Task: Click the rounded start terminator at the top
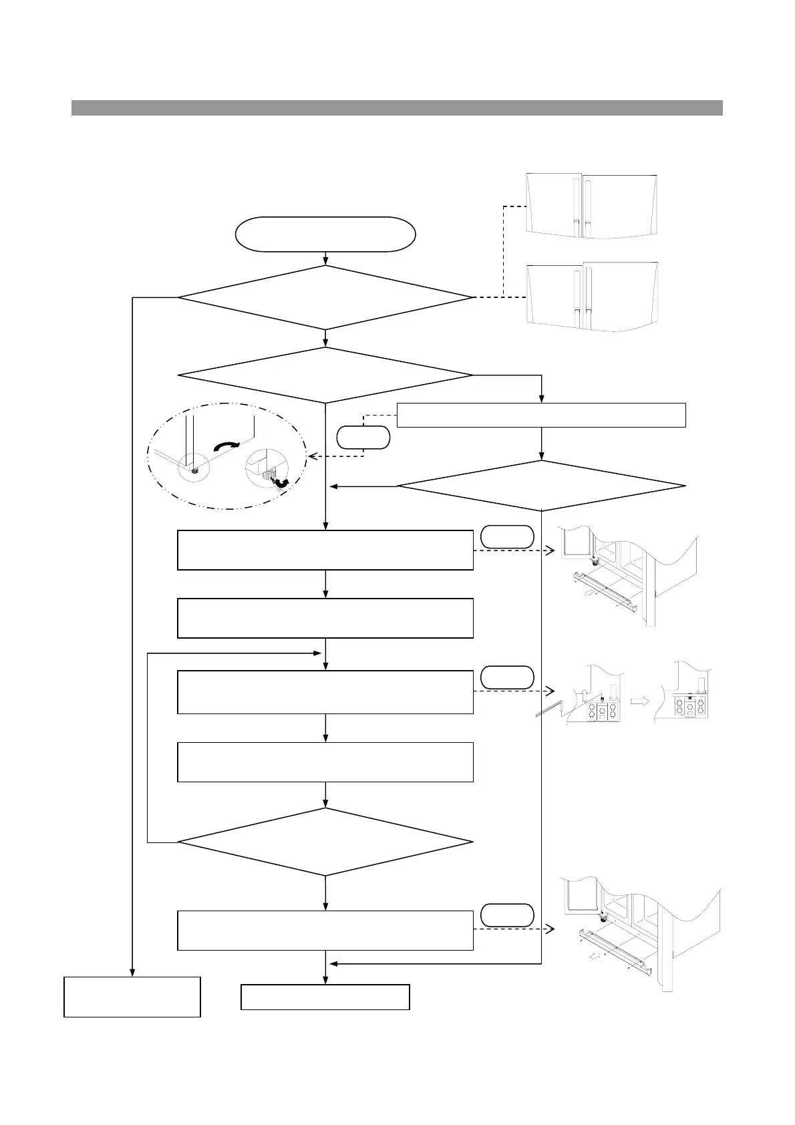coord(325,234)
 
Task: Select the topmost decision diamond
coord(325,298)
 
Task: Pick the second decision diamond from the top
coord(325,375)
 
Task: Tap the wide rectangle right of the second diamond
coord(541,415)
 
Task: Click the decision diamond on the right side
coord(541,486)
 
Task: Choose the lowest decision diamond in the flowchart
coord(325,842)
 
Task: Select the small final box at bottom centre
coord(325,997)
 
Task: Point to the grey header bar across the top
coord(397,108)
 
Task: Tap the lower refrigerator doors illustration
coord(592,297)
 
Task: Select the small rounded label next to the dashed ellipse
coord(363,437)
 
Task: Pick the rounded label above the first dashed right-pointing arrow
coord(507,536)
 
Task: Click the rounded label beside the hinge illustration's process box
coord(507,677)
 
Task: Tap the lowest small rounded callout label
coord(507,915)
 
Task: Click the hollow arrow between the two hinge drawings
coord(640,702)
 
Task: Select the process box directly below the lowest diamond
coord(325,930)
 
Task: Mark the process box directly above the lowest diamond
coord(325,762)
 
